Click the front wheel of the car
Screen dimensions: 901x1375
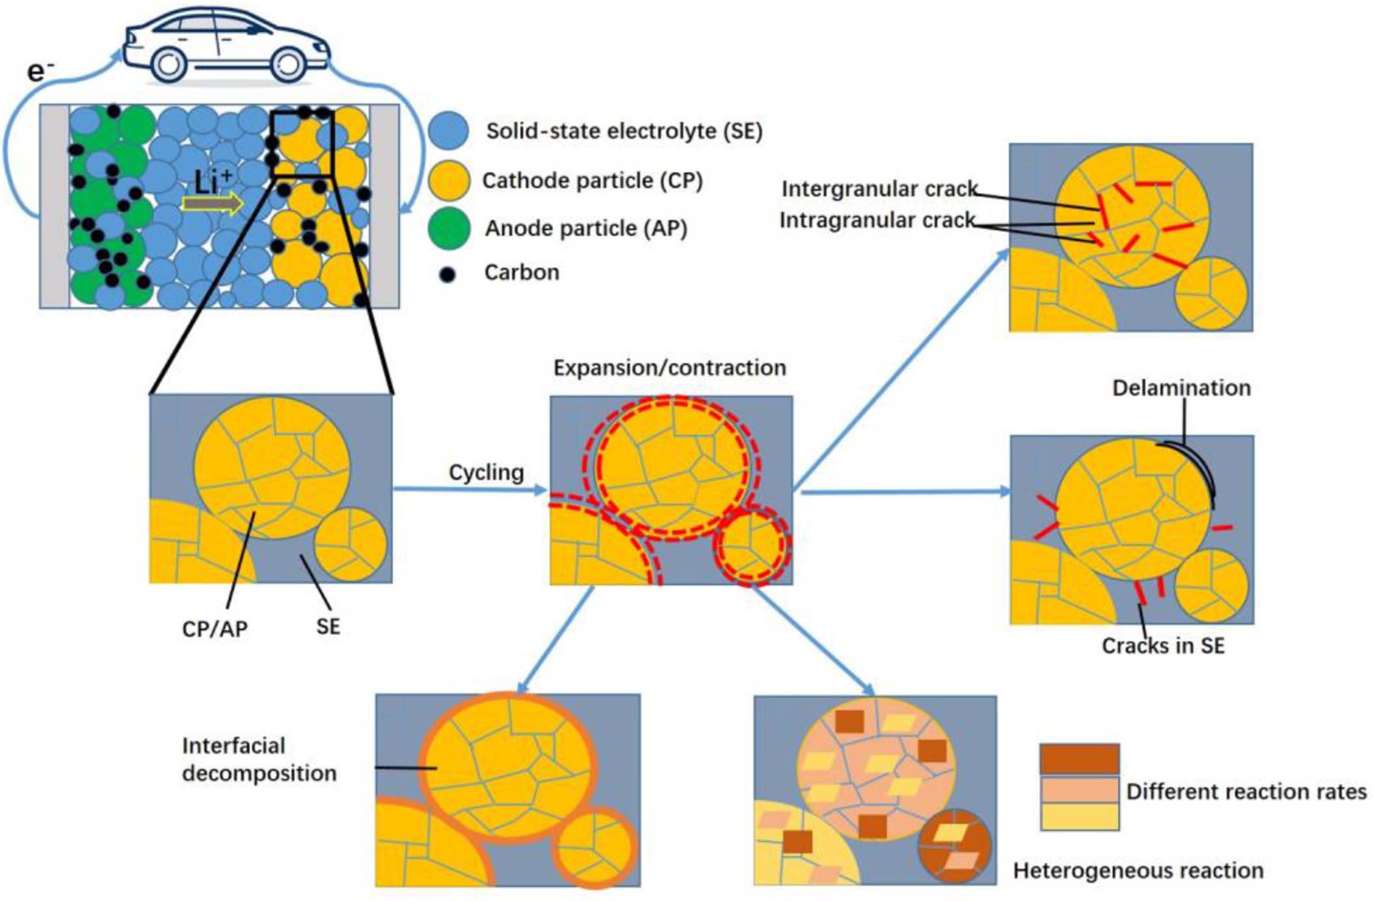(288, 64)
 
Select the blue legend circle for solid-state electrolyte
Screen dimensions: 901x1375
(449, 130)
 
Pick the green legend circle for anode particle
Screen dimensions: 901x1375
(449, 228)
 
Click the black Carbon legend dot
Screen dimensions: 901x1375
(447, 274)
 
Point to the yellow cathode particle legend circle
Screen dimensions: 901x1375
(449, 180)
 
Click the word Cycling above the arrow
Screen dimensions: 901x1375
(486, 472)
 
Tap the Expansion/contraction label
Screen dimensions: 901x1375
(669, 368)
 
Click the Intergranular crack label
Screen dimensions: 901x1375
(879, 189)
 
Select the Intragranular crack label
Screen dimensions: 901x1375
(877, 220)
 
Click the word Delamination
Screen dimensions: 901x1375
(1181, 388)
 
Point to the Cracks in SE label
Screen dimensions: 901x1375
(1163, 646)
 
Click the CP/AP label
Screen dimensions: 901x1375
(215, 629)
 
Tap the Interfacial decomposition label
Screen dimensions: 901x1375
(259, 759)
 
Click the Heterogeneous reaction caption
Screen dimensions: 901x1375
(1138, 870)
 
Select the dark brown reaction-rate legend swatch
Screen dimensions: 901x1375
(1079, 759)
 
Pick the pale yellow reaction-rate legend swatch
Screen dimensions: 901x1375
(1079, 816)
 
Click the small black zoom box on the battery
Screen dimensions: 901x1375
(302, 144)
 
